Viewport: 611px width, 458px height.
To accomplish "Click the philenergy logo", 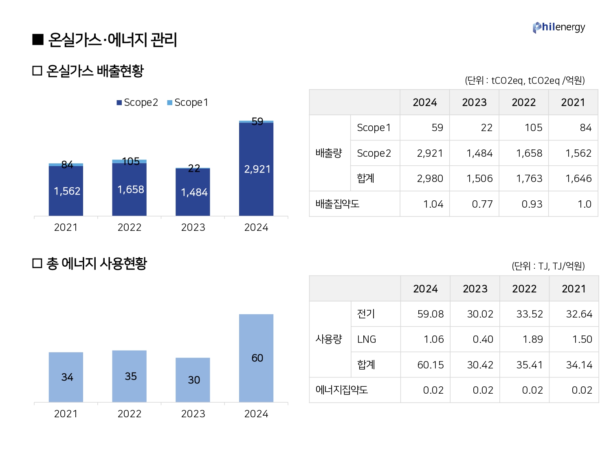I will tap(558, 27).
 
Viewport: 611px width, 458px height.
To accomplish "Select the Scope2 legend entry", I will tap(137, 103).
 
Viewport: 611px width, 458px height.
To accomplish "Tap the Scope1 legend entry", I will tap(188, 103).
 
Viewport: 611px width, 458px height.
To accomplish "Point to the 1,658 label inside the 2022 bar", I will tap(131, 189).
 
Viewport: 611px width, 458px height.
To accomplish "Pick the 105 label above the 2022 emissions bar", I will tap(131, 162).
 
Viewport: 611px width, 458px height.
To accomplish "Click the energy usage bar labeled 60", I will tap(256, 358).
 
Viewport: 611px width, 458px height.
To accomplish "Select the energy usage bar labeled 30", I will tap(193, 380).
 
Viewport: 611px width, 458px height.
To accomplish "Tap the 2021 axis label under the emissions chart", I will tap(66, 227).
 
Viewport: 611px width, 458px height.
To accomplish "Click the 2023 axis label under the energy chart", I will tap(193, 414).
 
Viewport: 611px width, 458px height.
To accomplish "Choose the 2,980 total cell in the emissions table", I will tap(430, 178).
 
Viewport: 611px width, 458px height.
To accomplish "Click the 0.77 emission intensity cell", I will tap(482, 204).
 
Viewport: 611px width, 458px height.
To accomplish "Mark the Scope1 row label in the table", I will tap(374, 128).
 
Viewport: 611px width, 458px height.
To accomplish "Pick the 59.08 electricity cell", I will tap(431, 314).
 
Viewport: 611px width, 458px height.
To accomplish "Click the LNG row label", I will tap(367, 339).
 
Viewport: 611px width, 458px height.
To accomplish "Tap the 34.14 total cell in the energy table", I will tap(579, 365).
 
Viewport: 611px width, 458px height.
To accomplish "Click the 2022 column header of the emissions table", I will tap(524, 102).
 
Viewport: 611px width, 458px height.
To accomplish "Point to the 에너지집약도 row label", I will tap(341, 390).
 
